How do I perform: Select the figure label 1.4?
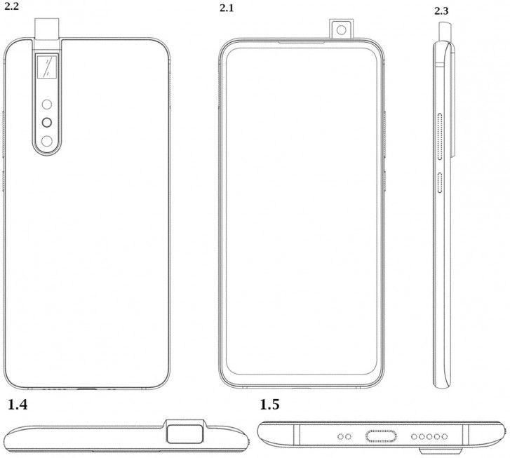19,405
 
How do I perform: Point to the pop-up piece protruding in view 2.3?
443,31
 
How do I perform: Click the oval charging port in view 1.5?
384,436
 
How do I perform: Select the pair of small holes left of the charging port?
344,436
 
